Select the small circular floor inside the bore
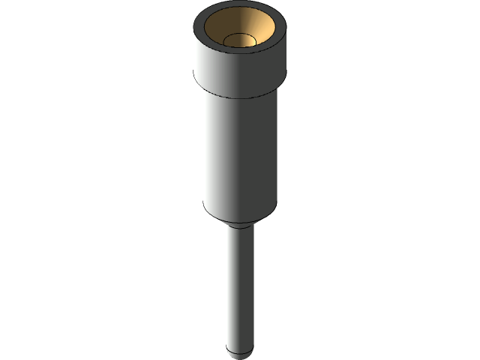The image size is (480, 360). coord(241,39)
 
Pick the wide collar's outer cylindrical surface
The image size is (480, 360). coord(240,71)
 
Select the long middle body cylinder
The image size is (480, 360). coord(240,157)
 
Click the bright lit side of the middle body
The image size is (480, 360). coord(225,157)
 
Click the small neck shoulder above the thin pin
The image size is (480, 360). coord(240,225)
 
